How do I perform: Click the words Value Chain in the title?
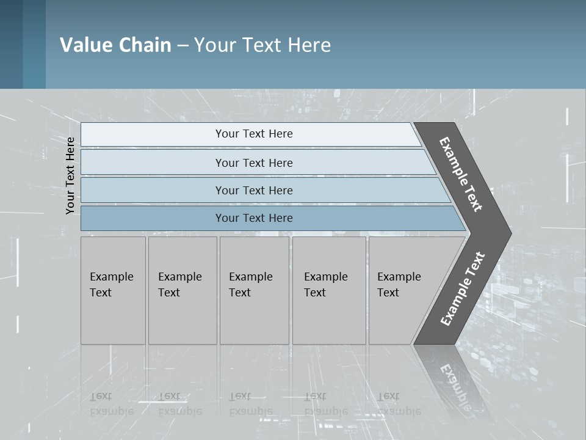click(x=115, y=45)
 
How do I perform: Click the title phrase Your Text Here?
click(x=262, y=45)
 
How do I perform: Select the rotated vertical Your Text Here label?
click(x=70, y=176)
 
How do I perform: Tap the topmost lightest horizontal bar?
click(x=254, y=134)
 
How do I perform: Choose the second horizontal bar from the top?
click(x=254, y=163)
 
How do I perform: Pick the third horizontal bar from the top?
click(x=254, y=190)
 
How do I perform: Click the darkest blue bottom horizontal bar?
click(x=254, y=218)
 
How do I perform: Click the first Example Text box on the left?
click(x=113, y=290)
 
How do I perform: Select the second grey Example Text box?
click(x=182, y=290)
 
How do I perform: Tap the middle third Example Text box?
click(x=254, y=290)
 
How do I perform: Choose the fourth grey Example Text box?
click(x=329, y=290)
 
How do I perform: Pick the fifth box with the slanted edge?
click(x=403, y=290)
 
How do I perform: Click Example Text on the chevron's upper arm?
click(x=461, y=174)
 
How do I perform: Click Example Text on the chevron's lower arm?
click(x=462, y=289)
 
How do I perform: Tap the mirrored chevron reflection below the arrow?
click(x=455, y=382)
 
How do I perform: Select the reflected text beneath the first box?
click(x=111, y=404)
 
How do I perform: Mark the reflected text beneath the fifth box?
click(x=399, y=404)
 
